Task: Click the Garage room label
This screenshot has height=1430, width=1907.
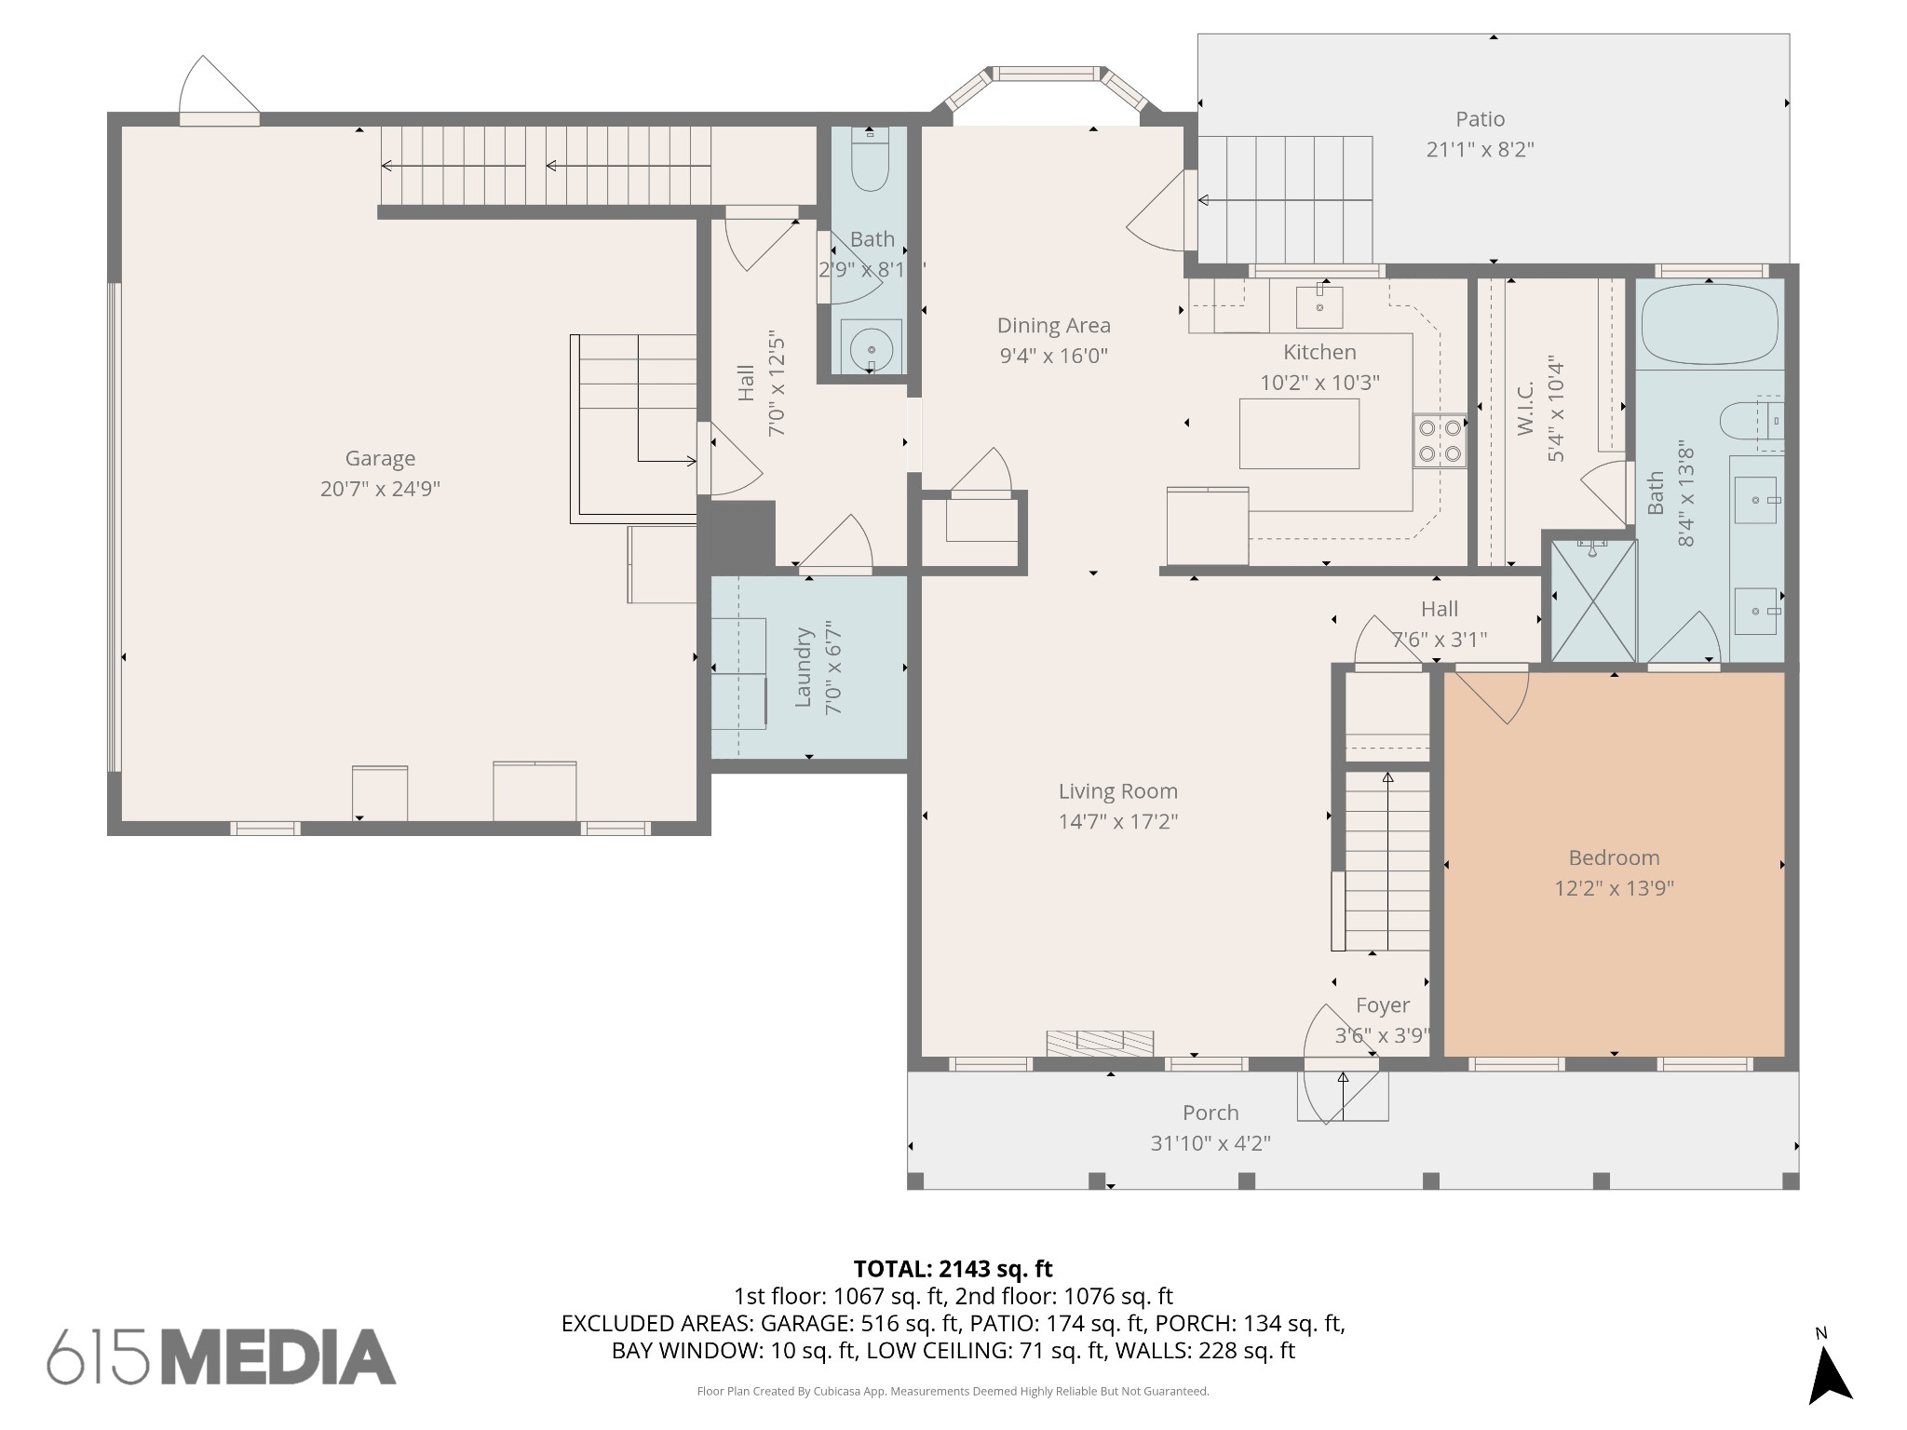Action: coord(380,458)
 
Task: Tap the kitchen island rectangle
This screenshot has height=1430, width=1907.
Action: coord(1299,434)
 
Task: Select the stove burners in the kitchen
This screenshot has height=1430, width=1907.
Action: coord(1439,441)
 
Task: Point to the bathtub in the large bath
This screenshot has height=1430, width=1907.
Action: coord(1710,325)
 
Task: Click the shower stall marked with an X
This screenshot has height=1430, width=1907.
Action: coord(1593,601)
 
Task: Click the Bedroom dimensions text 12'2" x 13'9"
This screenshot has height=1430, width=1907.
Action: coord(1614,888)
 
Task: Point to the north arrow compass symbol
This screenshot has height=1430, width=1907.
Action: coord(1829,1379)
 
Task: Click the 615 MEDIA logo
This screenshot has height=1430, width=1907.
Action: coord(222,1356)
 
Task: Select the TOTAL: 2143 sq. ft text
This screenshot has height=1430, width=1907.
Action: coord(953,1269)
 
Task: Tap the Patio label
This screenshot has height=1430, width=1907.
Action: coord(1480,119)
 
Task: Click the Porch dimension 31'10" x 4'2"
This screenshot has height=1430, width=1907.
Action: coord(1210,1143)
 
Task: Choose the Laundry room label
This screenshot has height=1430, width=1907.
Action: coord(804,668)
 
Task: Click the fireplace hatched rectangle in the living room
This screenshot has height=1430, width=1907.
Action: coord(1100,1043)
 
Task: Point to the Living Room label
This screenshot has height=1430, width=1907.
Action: coord(1117,791)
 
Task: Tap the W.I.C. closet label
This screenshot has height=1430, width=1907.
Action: coord(1525,409)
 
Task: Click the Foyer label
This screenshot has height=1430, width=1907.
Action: coord(1383,1005)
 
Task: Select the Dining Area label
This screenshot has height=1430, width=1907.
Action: coord(1053,326)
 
